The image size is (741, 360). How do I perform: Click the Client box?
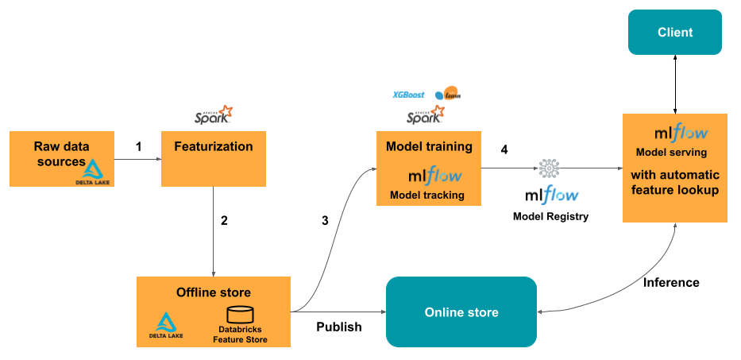coord(674,33)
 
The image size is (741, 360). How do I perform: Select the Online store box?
coord(461,312)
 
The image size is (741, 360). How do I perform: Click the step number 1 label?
coord(138,147)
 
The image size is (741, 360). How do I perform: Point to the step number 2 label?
coord(224,221)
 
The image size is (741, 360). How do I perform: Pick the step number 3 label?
coord(324,221)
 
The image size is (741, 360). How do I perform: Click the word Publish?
coord(338,327)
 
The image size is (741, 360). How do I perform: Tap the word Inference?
coord(671,282)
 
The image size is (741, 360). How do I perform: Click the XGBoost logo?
coord(408,95)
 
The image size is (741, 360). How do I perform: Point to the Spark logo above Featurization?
coord(214,116)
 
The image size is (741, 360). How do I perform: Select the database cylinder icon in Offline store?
coord(240,315)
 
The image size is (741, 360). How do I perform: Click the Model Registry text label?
coord(550,216)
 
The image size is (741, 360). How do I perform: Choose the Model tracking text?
coord(427,195)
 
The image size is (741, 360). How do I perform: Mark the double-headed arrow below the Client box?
coord(674,83)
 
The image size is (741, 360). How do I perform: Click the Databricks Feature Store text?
coord(240,335)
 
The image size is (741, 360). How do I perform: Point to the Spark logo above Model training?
coord(426,117)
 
